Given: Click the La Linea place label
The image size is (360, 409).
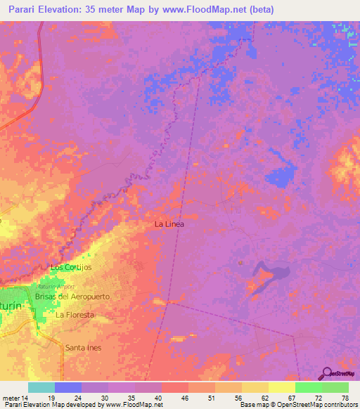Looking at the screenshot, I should point(170,224).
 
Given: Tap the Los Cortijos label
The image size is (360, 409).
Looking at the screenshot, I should point(71,268).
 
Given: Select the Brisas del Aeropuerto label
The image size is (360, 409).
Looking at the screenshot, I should point(72,297).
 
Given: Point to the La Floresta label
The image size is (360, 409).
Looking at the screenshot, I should point(75,315).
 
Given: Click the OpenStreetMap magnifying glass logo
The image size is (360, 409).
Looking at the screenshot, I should point(326,372).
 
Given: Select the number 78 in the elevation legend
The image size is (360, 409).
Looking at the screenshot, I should point(345,398).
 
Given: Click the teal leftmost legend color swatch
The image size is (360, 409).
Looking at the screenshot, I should point(41,387).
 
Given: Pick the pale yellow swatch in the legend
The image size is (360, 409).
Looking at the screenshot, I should point(281,387).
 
